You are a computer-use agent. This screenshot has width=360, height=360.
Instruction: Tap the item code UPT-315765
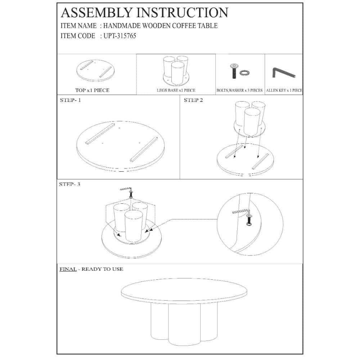click(120, 36)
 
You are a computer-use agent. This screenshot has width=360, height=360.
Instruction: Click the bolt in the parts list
click(234, 71)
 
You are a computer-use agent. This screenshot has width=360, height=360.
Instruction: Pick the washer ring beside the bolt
click(244, 73)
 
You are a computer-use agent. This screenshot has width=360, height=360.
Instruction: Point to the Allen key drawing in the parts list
click(284, 73)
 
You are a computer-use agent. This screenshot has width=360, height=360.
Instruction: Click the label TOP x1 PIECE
click(92, 90)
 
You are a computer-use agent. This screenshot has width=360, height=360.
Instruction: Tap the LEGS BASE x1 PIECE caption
click(176, 90)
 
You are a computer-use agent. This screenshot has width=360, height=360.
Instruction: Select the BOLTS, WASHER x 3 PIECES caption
click(239, 90)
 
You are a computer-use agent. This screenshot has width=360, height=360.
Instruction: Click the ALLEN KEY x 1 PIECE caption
click(284, 90)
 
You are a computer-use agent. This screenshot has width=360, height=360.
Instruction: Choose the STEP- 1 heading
click(70, 100)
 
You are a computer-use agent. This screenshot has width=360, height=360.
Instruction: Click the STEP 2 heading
click(193, 100)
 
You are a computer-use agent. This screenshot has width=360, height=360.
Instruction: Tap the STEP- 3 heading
click(69, 184)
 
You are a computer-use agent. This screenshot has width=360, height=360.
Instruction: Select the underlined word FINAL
click(68, 269)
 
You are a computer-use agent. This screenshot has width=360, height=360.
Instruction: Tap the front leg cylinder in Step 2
click(252, 122)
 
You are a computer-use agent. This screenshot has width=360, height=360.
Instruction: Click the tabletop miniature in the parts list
click(95, 71)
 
